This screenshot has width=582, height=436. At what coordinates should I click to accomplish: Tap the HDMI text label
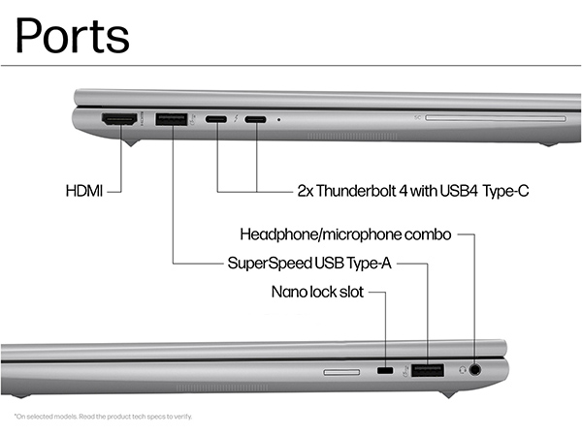[83, 191]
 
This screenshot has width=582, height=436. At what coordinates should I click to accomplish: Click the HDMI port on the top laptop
[120, 119]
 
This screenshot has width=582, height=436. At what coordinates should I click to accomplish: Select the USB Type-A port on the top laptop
[172, 119]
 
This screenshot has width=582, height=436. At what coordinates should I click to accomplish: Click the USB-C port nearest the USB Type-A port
[217, 120]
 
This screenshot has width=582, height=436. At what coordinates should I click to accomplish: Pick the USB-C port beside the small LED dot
[256, 120]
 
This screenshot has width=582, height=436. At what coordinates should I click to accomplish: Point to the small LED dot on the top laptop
[279, 120]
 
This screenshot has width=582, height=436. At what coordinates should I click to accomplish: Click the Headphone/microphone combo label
[345, 235]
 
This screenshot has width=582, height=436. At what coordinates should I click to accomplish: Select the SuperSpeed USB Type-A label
[308, 263]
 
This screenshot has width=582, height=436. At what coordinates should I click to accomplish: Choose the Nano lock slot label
[316, 291]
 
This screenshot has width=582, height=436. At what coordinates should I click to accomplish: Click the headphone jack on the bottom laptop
[475, 369]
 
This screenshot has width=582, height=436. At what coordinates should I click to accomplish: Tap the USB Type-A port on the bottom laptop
[427, 369]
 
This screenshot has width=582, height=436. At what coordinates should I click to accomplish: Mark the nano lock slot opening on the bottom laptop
[385, 370]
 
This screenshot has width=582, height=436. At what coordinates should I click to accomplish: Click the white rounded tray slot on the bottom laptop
[339, 370]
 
